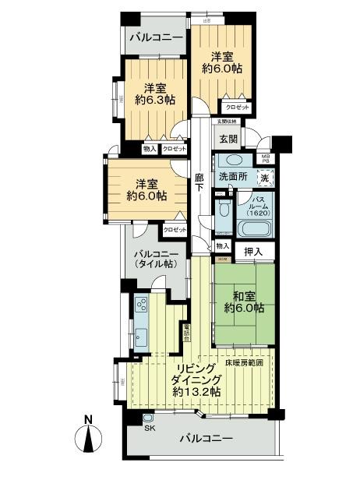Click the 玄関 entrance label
pos(228,139)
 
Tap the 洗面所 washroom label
pos(232,177)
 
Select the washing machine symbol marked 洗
pos(266,178)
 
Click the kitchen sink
pos(141,336)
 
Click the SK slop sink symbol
pos(149,420)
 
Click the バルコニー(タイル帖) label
pos(155,259)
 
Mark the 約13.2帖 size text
pos(197,392)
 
